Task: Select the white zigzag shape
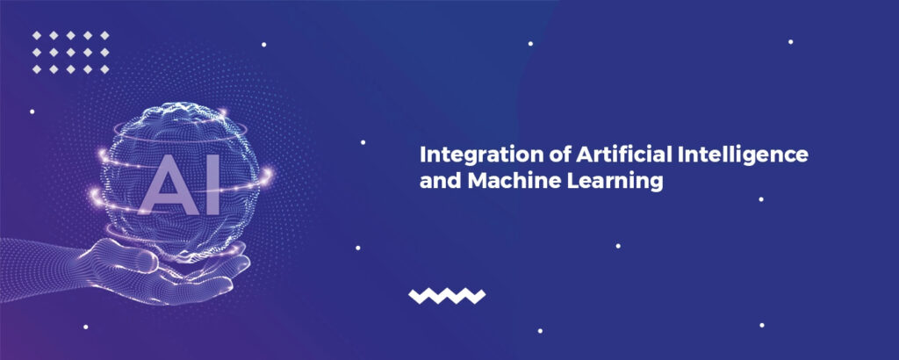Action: coord(447,296)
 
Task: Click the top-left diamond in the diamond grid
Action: coord(38,35)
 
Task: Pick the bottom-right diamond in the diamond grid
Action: coord(104,68)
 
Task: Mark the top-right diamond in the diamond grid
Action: coord(104,35)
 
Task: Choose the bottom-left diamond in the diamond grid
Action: coord(38,68)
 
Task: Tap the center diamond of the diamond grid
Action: coord(71,52)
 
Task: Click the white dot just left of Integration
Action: coord(363,141)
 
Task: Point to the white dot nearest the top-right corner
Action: coord(790,41)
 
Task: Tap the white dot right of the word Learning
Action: coord(761,199)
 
